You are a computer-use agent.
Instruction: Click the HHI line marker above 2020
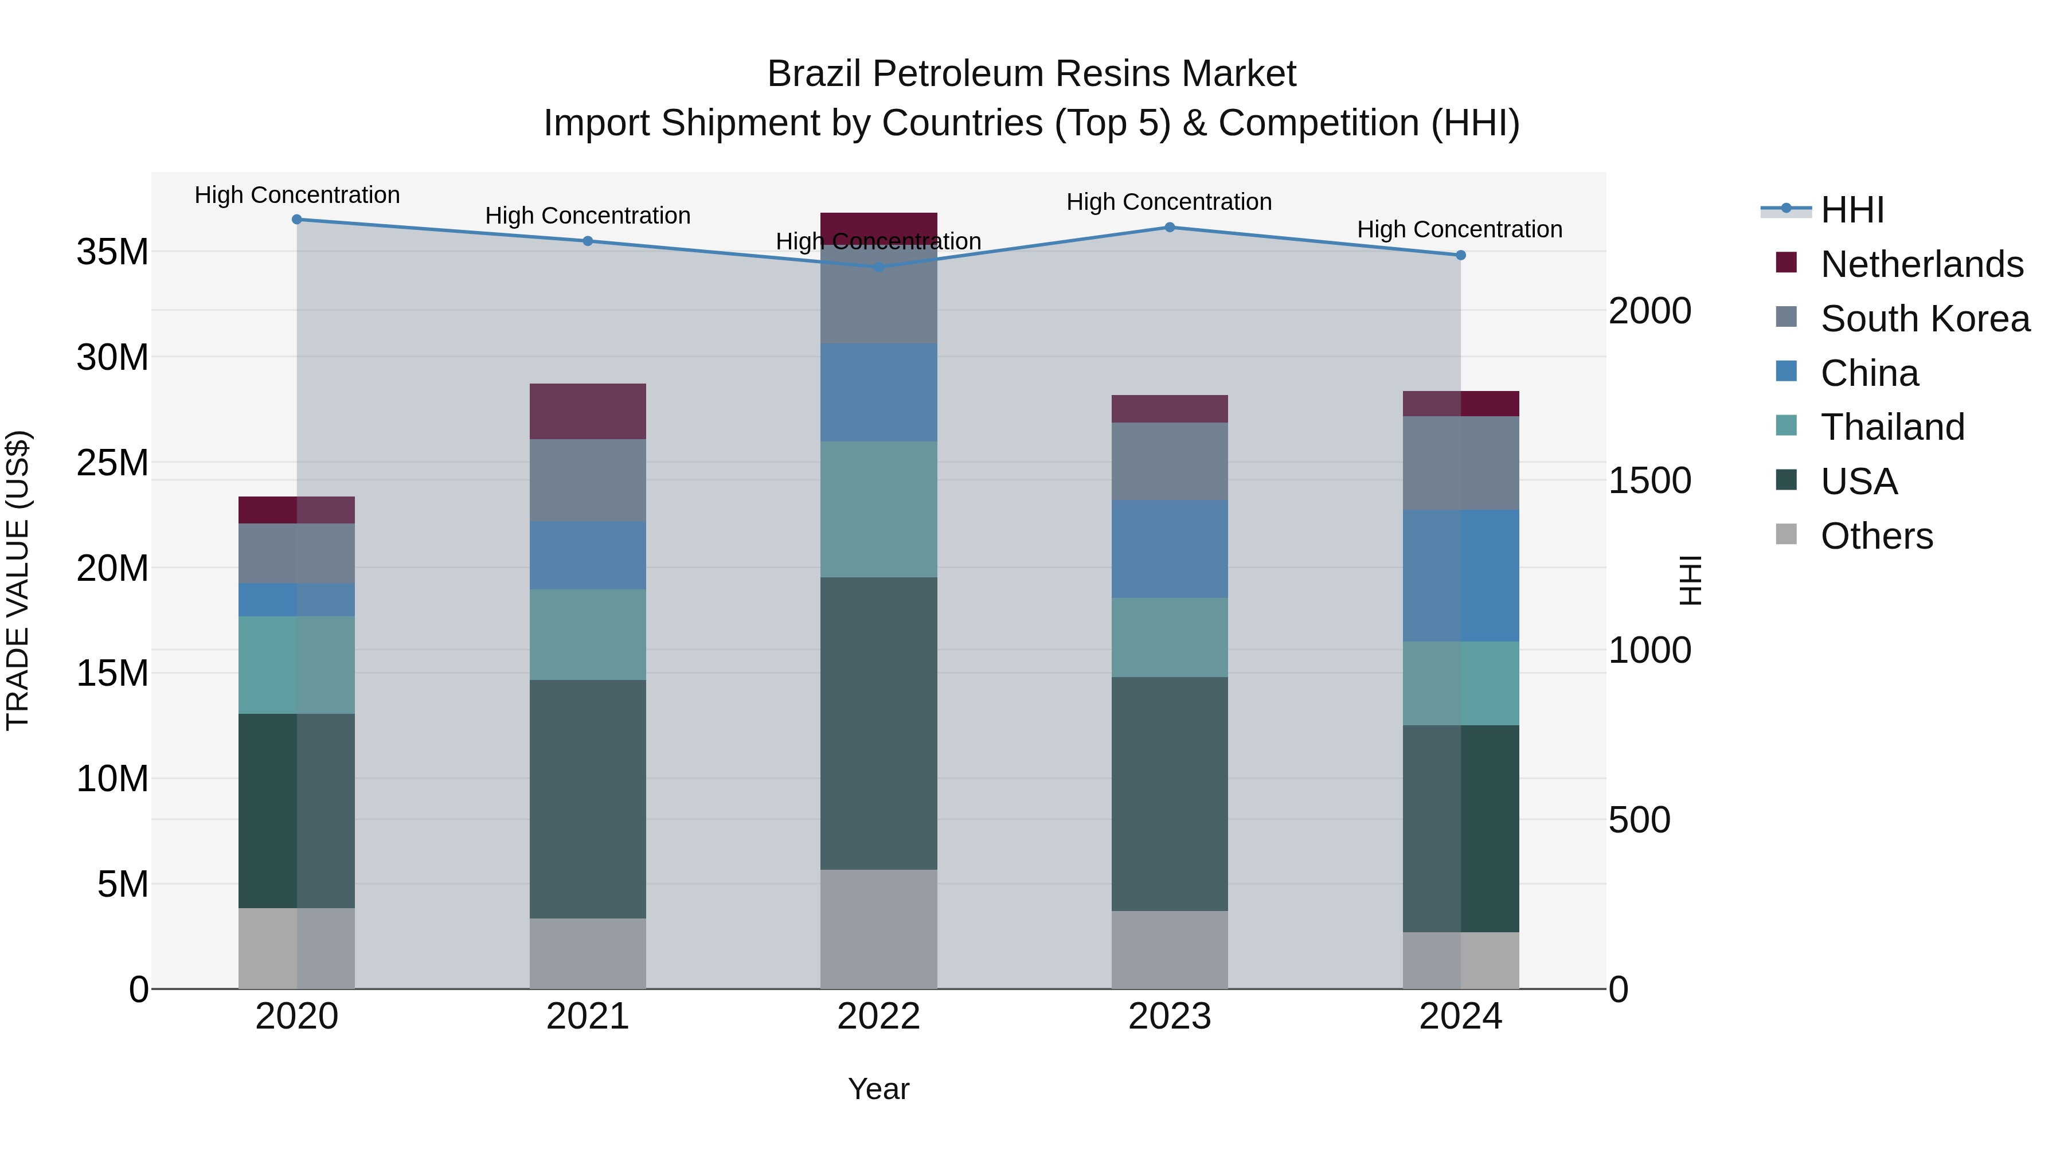296,219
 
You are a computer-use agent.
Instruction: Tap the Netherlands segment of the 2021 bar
587,411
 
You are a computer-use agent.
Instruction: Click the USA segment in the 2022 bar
878,723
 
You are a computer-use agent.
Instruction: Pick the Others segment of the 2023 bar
1169,949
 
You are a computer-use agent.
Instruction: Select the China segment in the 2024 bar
1460,575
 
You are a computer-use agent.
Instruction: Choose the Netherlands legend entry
1921,264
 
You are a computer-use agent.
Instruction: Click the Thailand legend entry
1892,427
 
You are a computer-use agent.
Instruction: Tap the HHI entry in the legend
1852,210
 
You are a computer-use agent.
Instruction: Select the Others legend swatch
1786,534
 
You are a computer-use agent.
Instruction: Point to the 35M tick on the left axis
112,252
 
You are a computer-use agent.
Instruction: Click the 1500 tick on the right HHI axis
1649,481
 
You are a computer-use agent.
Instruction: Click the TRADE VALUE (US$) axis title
18,580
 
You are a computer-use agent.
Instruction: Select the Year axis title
878,1089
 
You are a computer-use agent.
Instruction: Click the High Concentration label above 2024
1459,229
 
